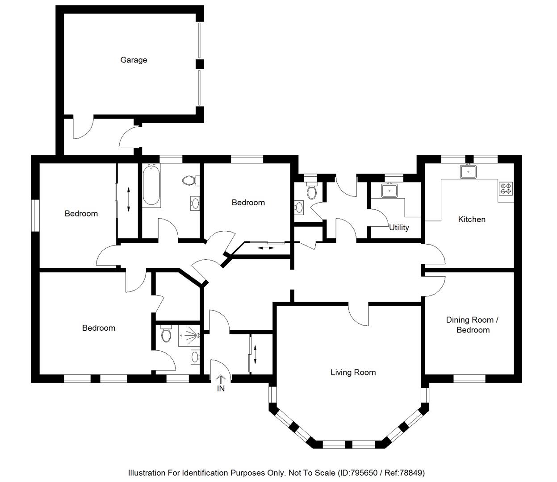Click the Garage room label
(134, 60)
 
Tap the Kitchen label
(472, 219)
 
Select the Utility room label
(399, 228)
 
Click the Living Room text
(353, 372)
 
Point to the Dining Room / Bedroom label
(473, 325)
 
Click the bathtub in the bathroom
(151, 186)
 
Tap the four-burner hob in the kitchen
(506, 188)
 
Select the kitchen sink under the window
(469, 171)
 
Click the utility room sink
(389, 191)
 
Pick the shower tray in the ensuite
(189, 336)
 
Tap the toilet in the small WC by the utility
(311, 191)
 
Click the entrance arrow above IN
(221, 379)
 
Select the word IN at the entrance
(221, 389)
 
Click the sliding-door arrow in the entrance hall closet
(255, 355)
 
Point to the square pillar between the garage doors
(200, 64)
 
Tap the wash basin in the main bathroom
(195, 204)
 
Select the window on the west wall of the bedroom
(35, 216)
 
